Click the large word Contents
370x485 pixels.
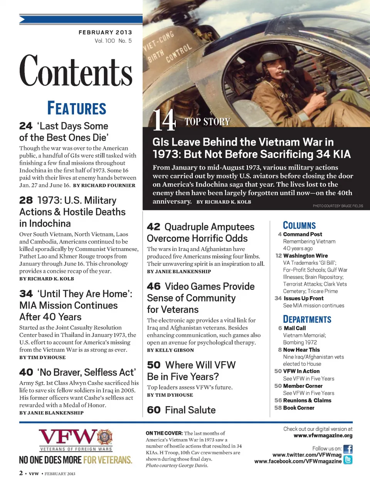click(x=76, y=71)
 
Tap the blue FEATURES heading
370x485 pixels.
click(x=77, y=109)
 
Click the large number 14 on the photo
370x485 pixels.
click(x=164, y=120)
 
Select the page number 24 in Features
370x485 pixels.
click(x=26, y=126)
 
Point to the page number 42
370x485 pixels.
click(x=153, y=227)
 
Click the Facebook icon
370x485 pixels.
click(x=348, y=449)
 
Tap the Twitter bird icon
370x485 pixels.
click(x=348, y=460)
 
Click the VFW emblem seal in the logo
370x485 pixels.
click(x=104, y=437)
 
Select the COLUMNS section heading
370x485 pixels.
click(x=299, y=226)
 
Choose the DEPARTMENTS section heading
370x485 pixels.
click(x=307, y=319)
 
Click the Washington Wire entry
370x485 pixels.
click(x=305, y=256)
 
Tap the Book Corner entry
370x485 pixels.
click(x=299, y=408)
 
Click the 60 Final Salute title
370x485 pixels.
click(x=181, y=410)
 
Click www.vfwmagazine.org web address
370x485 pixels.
click(x=323, y=436)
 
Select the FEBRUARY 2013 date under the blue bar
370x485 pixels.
click(x=105, y=32)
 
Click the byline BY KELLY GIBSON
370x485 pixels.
click(x=170, y=350)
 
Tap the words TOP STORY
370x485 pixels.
click(x=207, y=122)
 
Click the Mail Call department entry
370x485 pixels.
click(x=294, y=328)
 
